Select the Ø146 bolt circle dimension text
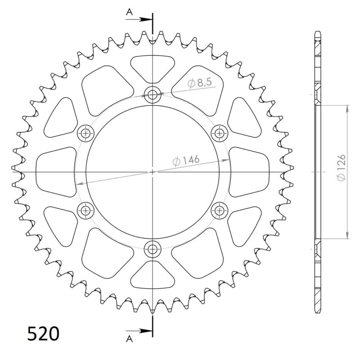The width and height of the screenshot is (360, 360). (x=185, y=160)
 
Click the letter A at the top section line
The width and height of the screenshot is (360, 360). (x=130, y=13)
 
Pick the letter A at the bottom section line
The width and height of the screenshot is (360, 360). (x=130, y=337)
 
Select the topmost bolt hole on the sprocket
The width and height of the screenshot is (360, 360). (x=153, y=94)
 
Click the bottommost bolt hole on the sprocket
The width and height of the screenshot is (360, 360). (x=153, y=248)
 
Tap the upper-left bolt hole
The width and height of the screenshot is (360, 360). (x=85, y=133)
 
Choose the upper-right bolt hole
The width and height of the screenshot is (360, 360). (x=219, y=133)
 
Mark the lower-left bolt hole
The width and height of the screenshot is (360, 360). (x=85, y=210)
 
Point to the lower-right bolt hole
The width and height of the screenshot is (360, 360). (x=219, y=210)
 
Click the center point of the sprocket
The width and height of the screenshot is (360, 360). (x=153, y=171)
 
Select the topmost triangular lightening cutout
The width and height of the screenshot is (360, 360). (x=153, y=67)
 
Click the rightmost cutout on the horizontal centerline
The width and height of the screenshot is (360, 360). (x=249, y=171)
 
